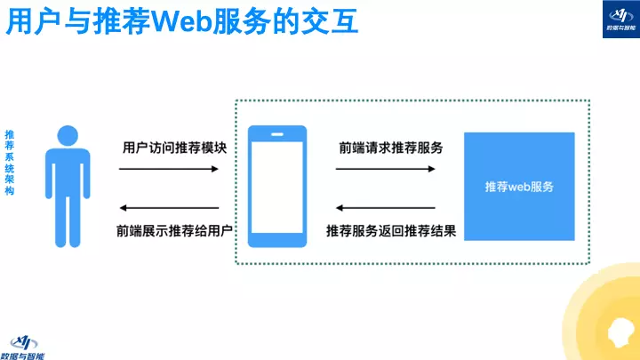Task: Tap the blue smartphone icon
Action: point(276,186)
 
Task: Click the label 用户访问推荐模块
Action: point(174,148)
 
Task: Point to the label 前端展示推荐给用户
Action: point(174,231)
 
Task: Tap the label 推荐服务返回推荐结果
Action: point(392,231)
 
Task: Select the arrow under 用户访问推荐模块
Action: point(169,169)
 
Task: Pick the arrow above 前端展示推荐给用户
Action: point(169,207)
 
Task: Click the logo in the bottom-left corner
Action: point(28,344)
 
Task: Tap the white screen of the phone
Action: point(276,188)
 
